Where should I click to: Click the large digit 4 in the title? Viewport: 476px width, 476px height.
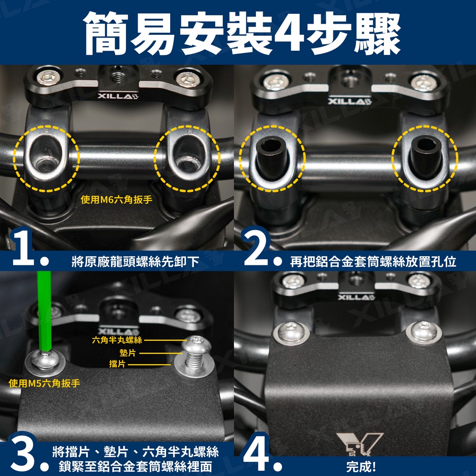pyautogui.click(x=291, y=33)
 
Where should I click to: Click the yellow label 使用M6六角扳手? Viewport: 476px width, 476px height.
pyautogui.click(x=116, y=199)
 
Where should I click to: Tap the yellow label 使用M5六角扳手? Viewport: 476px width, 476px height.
pyautogui.click(x=44, y=383)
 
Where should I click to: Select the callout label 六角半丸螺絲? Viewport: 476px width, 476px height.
pyautogui.click(x=117, y=340)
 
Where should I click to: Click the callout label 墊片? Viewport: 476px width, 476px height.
pyautogui.click(x=128, y=353)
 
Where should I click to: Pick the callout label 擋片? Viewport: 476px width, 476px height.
pyautogui.click(x=117, y=364)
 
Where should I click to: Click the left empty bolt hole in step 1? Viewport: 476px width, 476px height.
pyautogui.click(x=46, y=155)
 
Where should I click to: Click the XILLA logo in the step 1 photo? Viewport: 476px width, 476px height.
pyautogui.click(x=118, y=96)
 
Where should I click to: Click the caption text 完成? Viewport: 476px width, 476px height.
pyautogui.click(x=361, y=466)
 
